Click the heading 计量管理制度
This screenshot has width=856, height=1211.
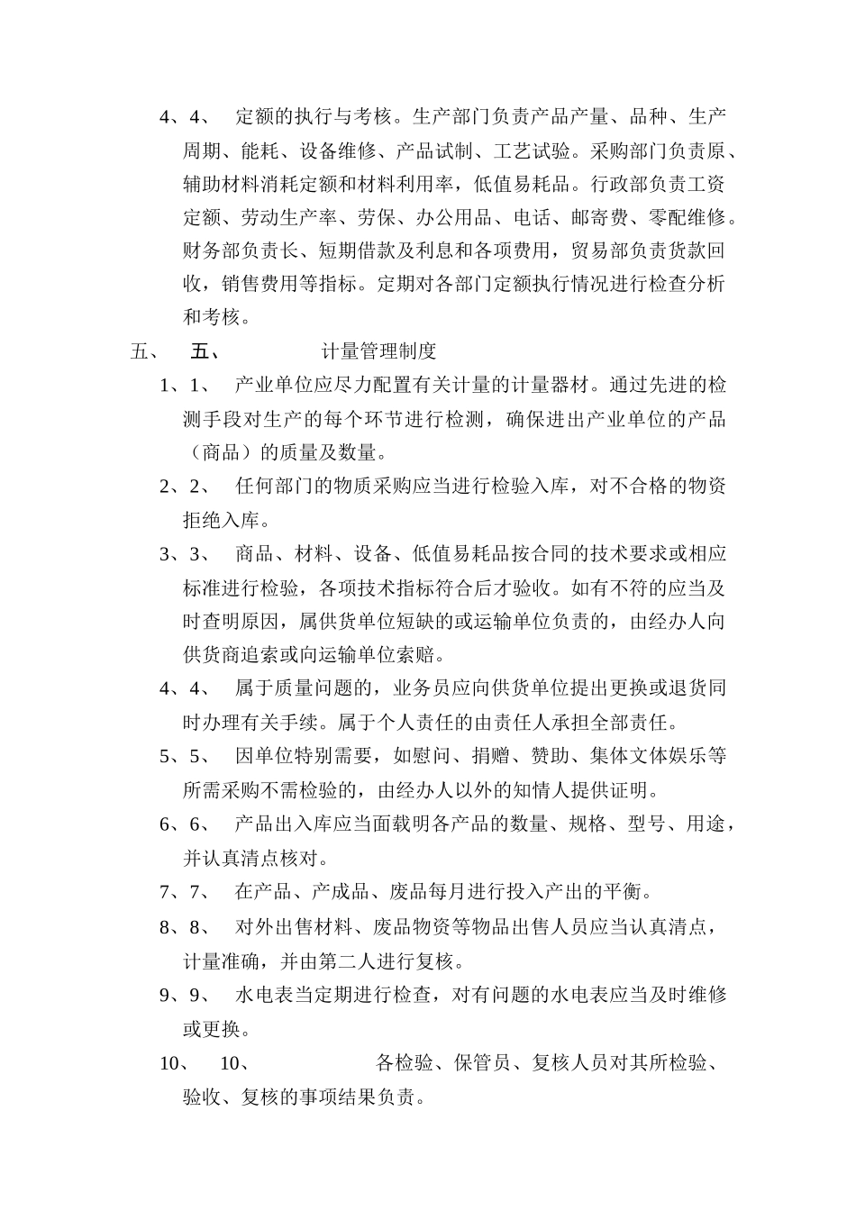[x=378, y=351]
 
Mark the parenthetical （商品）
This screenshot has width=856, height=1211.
[x=220, y=452]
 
